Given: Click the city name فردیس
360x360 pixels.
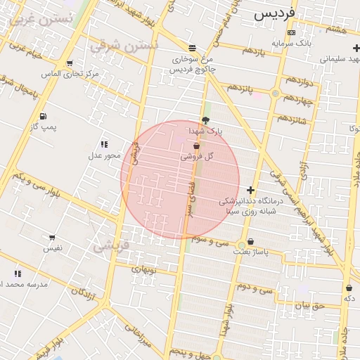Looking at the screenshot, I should pyautogui.click(x=273, y=13).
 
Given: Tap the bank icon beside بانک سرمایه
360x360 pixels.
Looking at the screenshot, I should pyautogui.click(x=292, y=32).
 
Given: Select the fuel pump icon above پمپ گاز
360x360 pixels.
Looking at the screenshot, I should pyautogui.click(x=44, y=116).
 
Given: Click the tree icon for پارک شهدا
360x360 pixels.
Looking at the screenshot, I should pyautogui.click(x=205, y=120).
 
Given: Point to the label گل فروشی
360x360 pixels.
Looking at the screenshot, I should pyautogui.click(x=198, y=156).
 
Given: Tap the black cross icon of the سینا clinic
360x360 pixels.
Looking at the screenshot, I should pyautogui.click(x=250, y=189).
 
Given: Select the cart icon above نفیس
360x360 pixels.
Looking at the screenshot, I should pyautogui.click(x=52, y=238).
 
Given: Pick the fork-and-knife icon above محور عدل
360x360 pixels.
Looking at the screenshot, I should pyautogui.click(x=104, y=144).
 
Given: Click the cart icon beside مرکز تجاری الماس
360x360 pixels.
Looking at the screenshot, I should pyautogui.click(x=70, y=63).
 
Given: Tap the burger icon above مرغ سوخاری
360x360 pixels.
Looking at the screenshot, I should pyautogui.click(x=191, y=48).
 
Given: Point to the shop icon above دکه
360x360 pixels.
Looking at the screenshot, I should pyautogui.click(x=349, y=288).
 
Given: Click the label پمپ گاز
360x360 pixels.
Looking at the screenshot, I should pyautogui.click(x=44, y=127).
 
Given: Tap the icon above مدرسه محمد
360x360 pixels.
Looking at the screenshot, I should pyautogui.click(x=17, y=274).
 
